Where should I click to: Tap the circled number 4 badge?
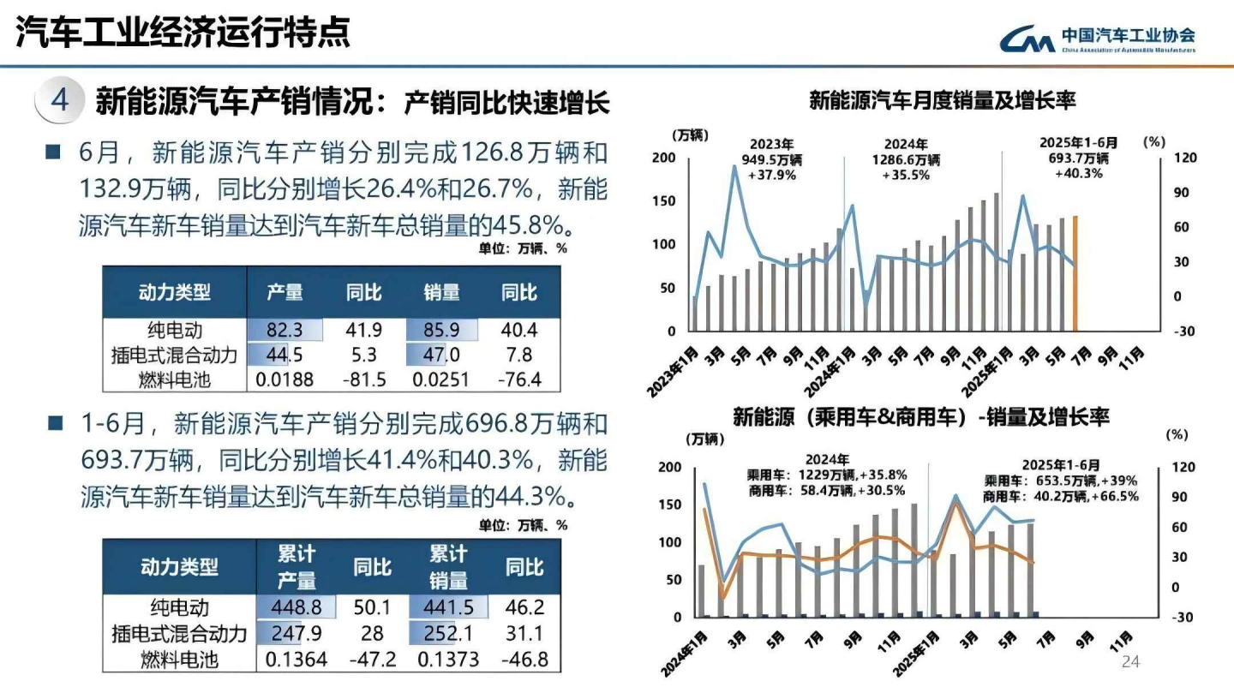coord(59,101)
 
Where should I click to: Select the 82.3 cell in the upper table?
coord(285,331)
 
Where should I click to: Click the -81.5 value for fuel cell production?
coord(363,379)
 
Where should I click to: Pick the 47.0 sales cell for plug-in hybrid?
coord(442,355)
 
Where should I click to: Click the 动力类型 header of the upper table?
coord(175,292)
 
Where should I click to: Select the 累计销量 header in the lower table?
coord(448,566)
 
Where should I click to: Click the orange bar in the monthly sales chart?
coord(1075,273)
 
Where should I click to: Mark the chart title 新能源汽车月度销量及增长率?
coord(942,101)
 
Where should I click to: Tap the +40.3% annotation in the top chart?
coord(1078,173)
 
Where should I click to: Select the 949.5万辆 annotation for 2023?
coord(772,159)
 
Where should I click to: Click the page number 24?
coord(1131,662)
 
